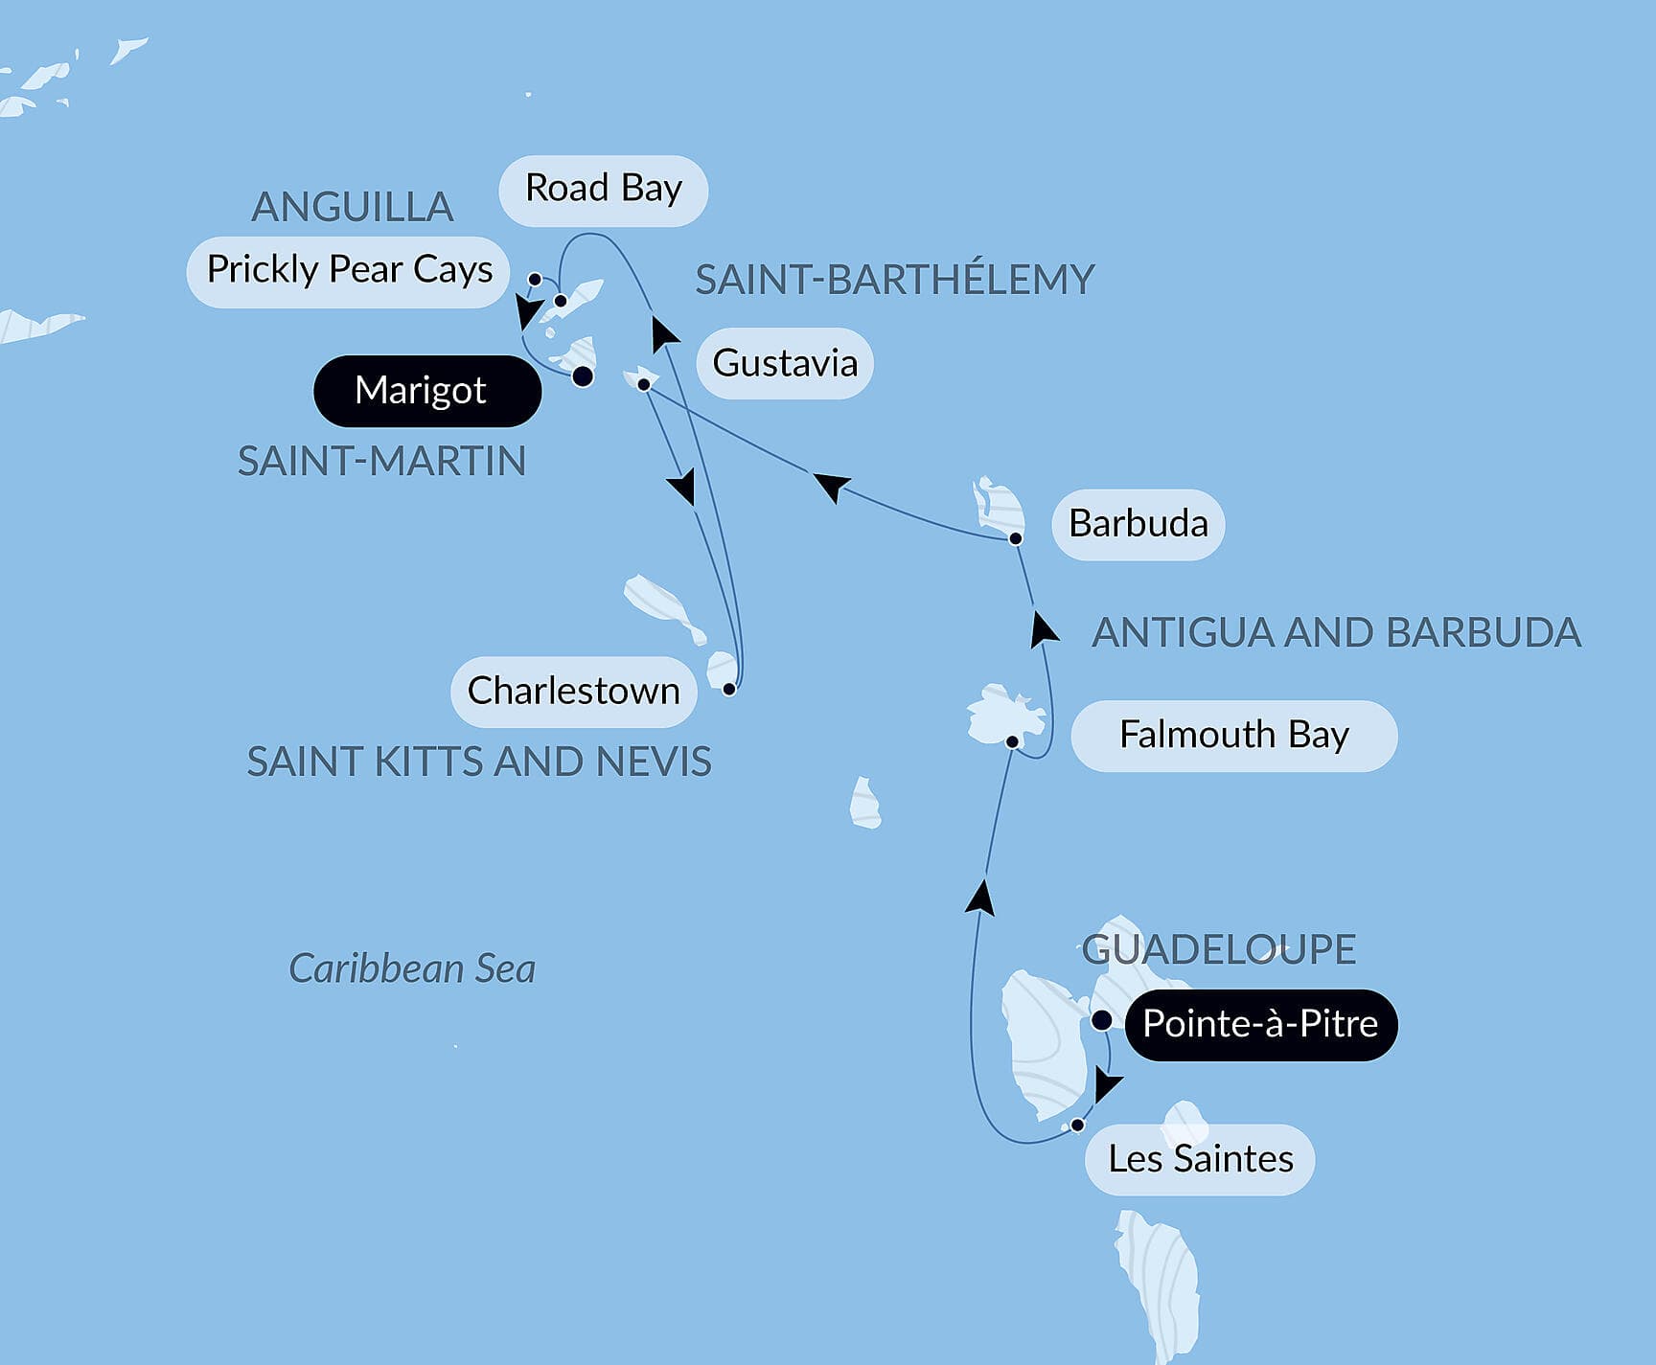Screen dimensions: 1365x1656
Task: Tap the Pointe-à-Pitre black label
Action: click(x=1260, y=1024)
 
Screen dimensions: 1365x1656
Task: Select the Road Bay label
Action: click(x=603, y=190)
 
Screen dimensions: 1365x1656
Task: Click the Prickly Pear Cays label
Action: click(x=349, y=271)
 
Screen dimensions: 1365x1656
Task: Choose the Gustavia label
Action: click(x=784, y=364)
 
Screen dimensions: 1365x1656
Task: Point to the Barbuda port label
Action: click(x=1138, y=524)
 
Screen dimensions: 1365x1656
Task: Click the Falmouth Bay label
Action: click(x=1233, y=736)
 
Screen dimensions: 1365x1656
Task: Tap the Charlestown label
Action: click(x=573, y=692)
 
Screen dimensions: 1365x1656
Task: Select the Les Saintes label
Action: click(x=1200, y=1159)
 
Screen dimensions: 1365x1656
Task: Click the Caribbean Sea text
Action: click(x=412, y=968)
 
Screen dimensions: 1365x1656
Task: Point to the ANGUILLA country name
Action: click(x=352, y=207)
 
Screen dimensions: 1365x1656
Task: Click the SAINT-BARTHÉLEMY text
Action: click(x=894, y=280)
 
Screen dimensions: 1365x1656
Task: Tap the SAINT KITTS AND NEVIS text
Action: click(x=478, y=762)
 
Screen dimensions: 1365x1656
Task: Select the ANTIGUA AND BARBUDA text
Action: click(x=1336, y=633)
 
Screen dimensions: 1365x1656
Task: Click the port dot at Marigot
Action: click(x=583, y=376)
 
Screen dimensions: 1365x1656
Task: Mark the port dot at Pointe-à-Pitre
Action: click(x=1102, y=1020)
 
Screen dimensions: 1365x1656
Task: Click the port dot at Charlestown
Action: click(x=729, y=689)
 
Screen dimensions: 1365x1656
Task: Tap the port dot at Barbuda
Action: click(x=1016, y=539)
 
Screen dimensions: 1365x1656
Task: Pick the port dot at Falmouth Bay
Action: click(x=1012, y=741)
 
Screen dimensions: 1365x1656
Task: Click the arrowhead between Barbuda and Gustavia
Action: click(x=831, y=485)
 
